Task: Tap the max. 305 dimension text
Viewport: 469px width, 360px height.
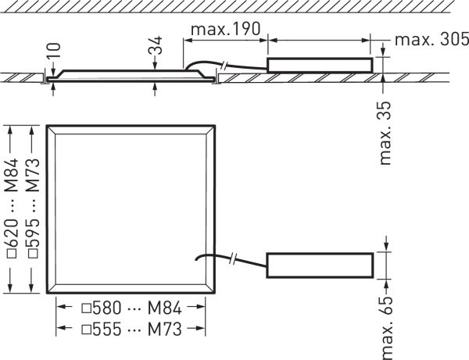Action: click(x=431, y=40)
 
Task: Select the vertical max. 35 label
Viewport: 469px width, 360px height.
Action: click(x=385, y=132)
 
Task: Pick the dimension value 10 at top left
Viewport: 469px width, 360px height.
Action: click(x=52, y=55)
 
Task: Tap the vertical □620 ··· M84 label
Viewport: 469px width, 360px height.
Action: click(x=11, y=207)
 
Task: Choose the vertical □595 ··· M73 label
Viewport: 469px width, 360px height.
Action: click(x=32, y=207)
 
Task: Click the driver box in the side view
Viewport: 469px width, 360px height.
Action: click(x=320, y=66)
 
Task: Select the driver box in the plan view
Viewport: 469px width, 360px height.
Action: click(x=320, y=265)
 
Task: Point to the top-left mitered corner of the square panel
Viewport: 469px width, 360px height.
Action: click(x=51, y=128)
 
